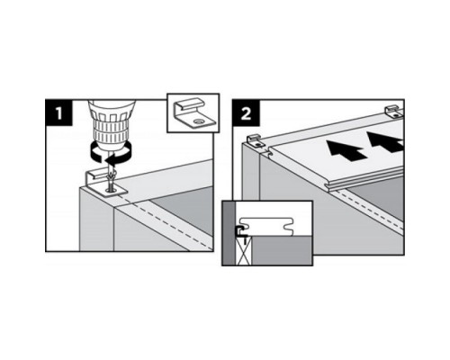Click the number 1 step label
tap(58, 112)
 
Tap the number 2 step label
tap(247, 112)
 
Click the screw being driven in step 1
tap(111, 182)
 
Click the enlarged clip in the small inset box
tap(193, 114)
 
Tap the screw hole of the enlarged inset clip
tap(198, 121)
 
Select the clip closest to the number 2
tap(256, 140)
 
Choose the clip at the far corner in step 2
tap(394, 111)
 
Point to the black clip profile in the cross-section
tap(239, 230)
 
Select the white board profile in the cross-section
tap(266, 227)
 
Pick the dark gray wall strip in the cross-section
tap(229, 233)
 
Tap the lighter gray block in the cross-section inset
tap(282, 250)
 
